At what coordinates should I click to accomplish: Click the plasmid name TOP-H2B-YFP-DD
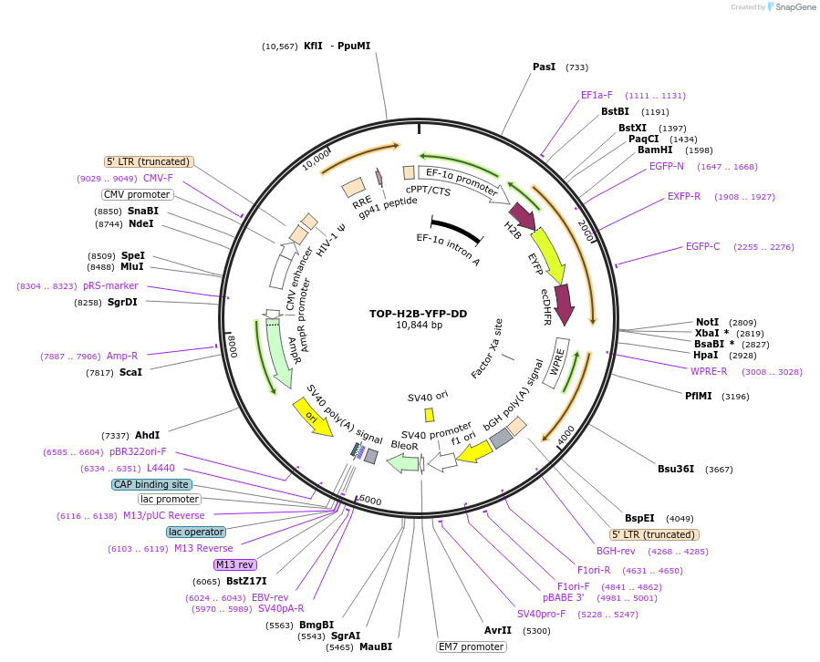(418, 314)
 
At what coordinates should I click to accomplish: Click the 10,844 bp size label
(419, 326)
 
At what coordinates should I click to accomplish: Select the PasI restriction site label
(544, 67)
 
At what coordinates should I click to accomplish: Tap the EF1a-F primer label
(597, 95)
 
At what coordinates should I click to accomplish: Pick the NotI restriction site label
(707, 323)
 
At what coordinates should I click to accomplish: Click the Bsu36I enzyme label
(676, 470)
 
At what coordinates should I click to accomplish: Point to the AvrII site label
(498, 630)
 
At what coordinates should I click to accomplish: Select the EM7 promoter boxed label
(472, 646)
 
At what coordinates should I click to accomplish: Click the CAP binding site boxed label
(151, 484)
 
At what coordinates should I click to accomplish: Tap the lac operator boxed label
(196, 532)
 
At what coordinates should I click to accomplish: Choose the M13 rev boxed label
(235, 564)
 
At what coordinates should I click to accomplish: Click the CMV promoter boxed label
(137, 194)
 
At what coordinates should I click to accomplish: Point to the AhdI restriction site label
(147, 435)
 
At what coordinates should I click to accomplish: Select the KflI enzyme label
(313, 46)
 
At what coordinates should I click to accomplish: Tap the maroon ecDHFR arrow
(564, 304)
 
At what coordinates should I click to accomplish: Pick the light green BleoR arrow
(402, 462)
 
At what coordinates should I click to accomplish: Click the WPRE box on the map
(555, 362)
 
